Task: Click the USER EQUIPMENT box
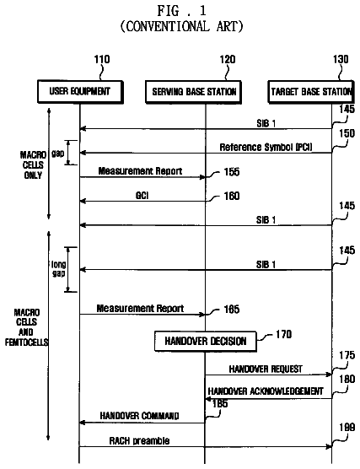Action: click(x=80, y=92)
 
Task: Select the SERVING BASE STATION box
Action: click(x=193, y=92)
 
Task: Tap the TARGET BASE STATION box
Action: click(x=311, y=92)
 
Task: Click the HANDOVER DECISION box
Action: click(x=206, y=341)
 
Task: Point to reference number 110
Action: click(x=102, y=60)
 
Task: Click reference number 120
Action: click(x=228, y=60)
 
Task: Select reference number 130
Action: click(x=341, y=59)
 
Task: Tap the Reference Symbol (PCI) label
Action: click(x=266, y=147)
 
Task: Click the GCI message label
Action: click(x=142, y=196)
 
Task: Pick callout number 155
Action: click(x=232, y=172)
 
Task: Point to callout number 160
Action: click(x=232, y=196)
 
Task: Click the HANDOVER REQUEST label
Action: click(x=266, y=369)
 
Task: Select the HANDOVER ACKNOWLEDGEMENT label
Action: click(x=266, y=391)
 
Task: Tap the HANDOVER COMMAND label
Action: click(x=139, y=416)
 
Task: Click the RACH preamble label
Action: click(x=139, y=441)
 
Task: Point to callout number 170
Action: click(x=283, y=334)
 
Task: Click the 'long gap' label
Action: click(x=59, y=269)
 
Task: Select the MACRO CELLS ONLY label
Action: click(x=33, y=164)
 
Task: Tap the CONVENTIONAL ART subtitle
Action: click(x=181, y=26)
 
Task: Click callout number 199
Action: click(x=347, y=428)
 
